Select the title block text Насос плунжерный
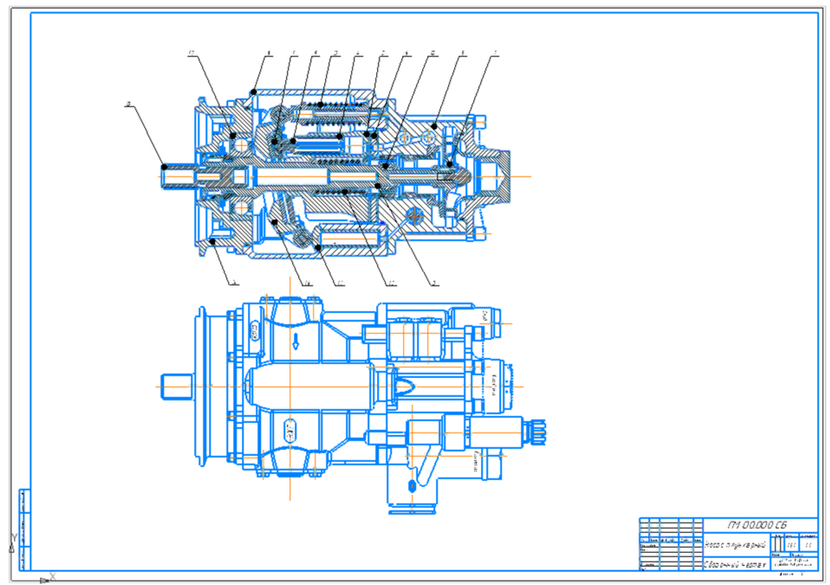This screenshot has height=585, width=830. tap(733, 545)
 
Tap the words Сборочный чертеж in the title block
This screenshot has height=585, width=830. tap(733, 564)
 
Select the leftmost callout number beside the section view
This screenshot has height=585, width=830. tap(128, 105)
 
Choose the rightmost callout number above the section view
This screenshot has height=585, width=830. tap(495, 55)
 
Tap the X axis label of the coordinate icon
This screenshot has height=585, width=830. tap(53, 576)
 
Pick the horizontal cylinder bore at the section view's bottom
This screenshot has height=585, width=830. tap(350, 235)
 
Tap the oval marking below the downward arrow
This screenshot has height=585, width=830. tap(290, 427)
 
